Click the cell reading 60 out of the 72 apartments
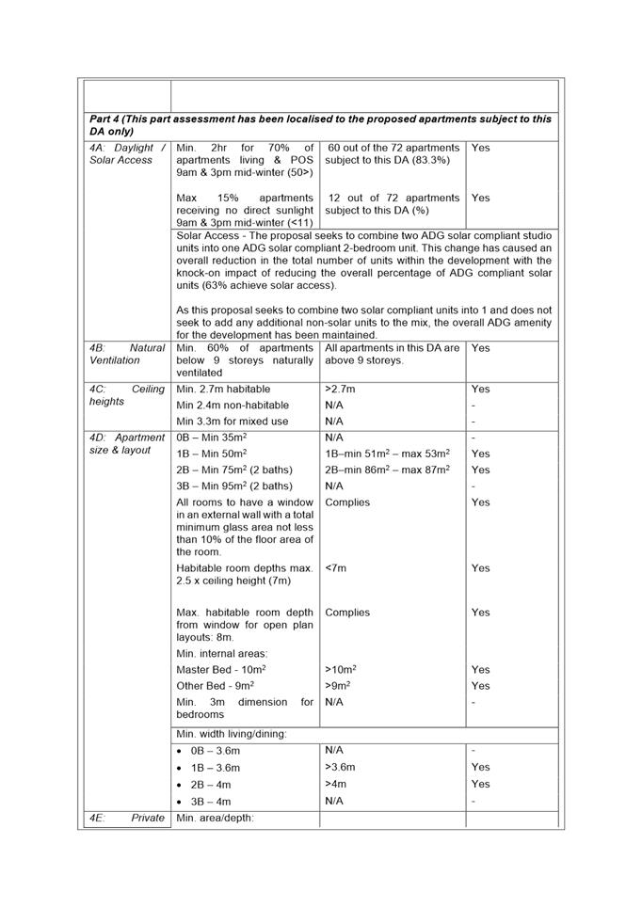coord(393,154)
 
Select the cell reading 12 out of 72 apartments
coord(393,204)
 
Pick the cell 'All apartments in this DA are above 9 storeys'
coord(393,354)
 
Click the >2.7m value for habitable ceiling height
coord(338,389)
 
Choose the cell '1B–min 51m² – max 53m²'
coord(387,454)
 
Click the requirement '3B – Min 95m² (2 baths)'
coord(234,486)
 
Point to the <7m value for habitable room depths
coord(335,568)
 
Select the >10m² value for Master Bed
coord(340,669)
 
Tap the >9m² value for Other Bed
coord(338,686)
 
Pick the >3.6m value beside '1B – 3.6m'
coord(340,767)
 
